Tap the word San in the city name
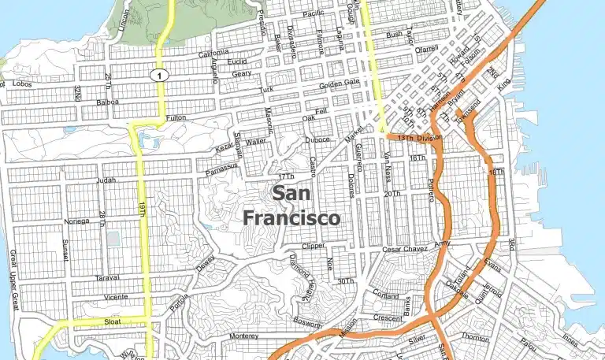(x=291, y=193)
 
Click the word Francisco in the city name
(x=291, y=217)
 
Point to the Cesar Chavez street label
(x=404, y=249)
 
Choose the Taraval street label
(x=106, y=278)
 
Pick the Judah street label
(x=105, y=180)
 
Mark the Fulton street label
(x=176, y=118)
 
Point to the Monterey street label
(x=243, y=336)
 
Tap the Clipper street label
(x=313, y=246)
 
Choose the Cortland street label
(x=385, y=296)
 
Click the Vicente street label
(x=115, y=298)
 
